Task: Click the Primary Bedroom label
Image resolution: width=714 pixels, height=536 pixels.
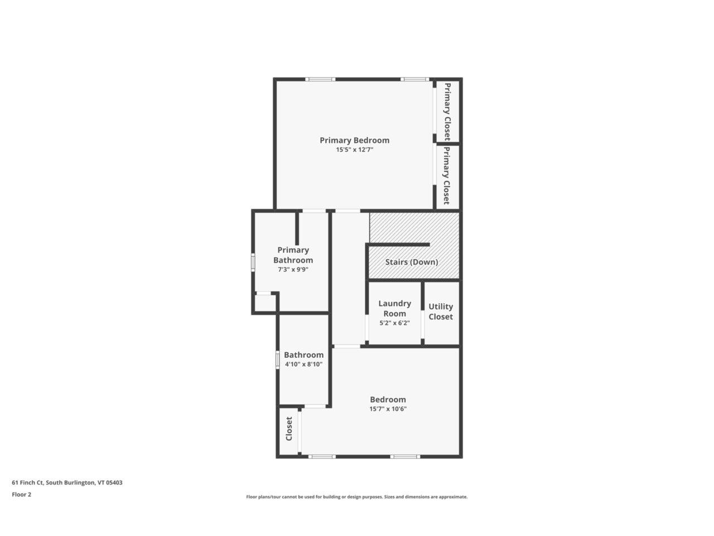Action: tap(354, 140)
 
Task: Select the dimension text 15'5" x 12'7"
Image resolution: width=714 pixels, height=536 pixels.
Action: tap(354, 150)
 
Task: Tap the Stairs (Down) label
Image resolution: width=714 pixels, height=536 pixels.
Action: tap(412, 262)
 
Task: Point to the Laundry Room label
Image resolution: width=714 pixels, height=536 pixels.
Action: tap(394, 308)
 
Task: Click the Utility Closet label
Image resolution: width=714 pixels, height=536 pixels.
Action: tap(441, 312)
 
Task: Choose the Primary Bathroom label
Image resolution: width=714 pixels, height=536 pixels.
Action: tap(293, 255)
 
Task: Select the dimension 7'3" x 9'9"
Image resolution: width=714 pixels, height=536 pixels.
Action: tap(293, 269)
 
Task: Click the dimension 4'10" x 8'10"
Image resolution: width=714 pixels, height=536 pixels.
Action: tap(303, 364)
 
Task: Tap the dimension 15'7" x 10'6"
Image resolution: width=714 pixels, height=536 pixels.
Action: tap(388, 409)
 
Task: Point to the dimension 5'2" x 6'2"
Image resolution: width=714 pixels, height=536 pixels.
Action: tap(394, 323)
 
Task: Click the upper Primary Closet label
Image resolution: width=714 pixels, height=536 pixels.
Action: tap(447, 111)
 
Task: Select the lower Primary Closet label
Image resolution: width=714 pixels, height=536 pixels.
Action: tap(446, 176)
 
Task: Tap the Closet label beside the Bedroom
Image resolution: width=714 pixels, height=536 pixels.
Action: tap(289, 429)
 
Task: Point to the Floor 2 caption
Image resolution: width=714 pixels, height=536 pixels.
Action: tap(22, 494)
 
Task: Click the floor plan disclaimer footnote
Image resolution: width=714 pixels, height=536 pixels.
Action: tap(357, 496)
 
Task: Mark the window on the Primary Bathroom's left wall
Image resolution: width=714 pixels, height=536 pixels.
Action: tap(253, 262)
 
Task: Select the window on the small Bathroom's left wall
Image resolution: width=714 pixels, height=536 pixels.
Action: tap(278, 359)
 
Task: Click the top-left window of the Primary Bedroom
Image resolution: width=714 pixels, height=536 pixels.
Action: tap(320, 79)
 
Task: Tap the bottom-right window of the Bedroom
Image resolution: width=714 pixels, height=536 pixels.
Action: tap(404, 457)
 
